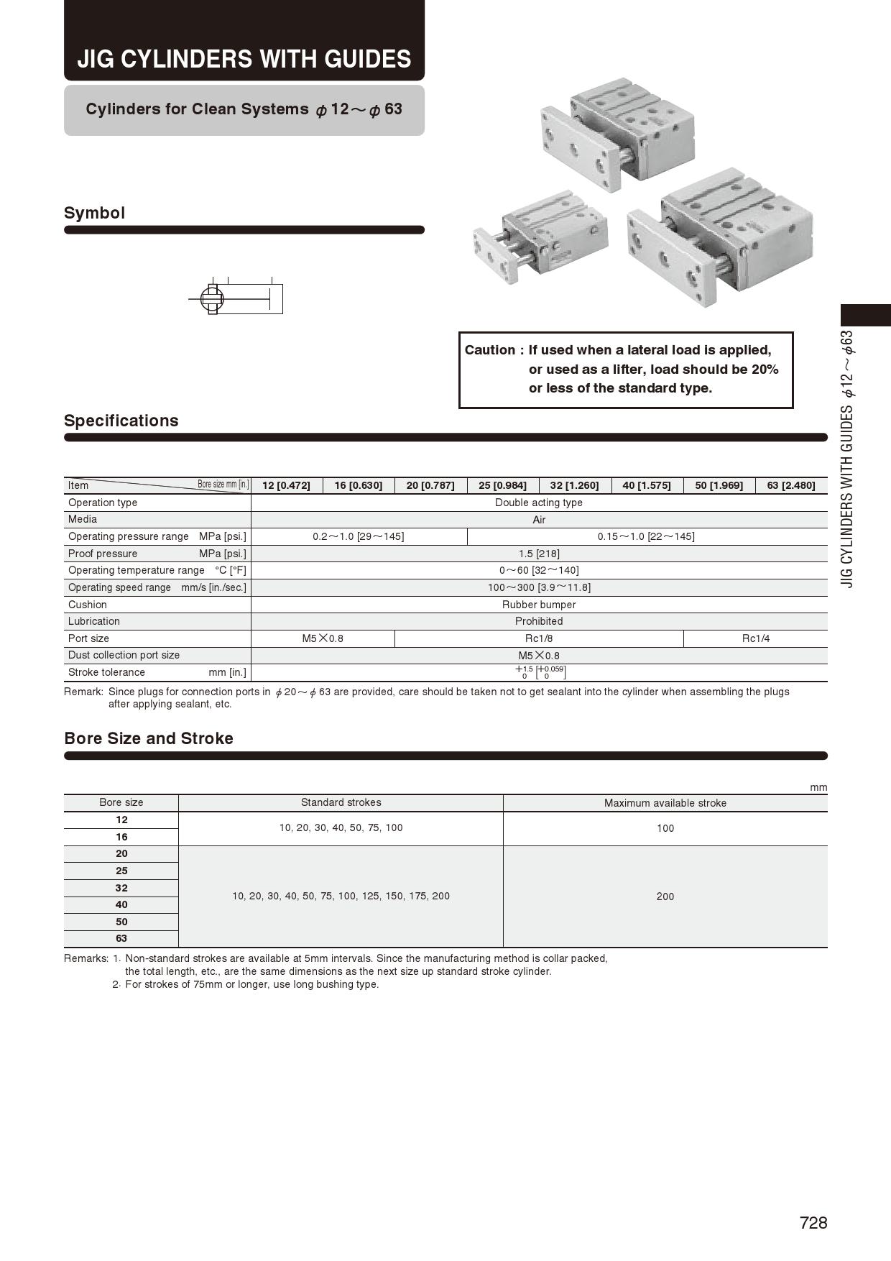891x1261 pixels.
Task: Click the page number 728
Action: tap(813, 1223)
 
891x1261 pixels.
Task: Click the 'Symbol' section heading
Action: tap(94, 213)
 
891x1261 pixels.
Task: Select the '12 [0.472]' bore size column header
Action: tap(286, 485)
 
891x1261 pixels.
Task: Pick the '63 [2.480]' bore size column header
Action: tap(790, 485)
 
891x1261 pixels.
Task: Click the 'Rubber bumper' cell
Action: tap(539, 605)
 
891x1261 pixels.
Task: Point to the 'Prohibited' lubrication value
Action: tap(539, 621)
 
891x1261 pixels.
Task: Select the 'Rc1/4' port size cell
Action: tap(755, 638)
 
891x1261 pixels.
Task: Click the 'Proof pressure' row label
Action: tap(103, 554)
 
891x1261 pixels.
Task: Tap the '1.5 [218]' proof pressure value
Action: tap(539, 554)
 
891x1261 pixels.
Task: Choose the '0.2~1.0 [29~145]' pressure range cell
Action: tap(358, 536)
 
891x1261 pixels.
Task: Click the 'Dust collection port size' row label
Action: tap(124, 655)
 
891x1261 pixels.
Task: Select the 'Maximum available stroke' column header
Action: tap(665, 803)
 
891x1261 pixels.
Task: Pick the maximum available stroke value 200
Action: tap(665, 897)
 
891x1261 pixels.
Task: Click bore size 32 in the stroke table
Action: tap(121, 888)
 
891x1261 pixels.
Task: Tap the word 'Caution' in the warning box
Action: tap(489, 350)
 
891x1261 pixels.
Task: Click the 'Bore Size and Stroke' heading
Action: tap(149, 738)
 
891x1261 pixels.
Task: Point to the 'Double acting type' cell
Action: tap(539, 503)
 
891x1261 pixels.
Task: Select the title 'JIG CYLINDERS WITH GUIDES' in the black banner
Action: tap(244, 58)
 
